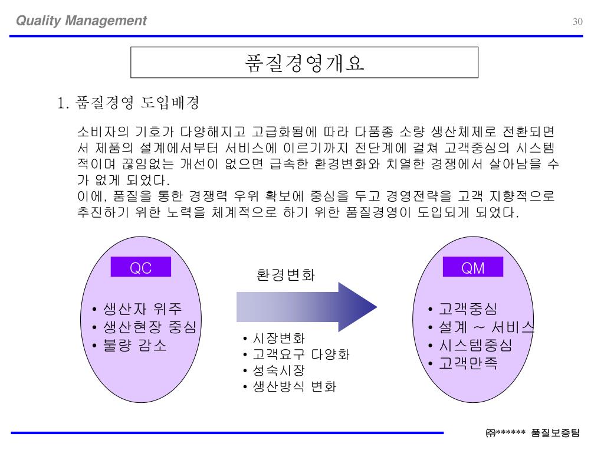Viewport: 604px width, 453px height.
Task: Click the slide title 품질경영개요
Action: click(x=304, y=63)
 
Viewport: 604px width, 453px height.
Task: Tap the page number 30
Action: click(x=577, y=22)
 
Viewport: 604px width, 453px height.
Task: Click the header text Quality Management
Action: click(x=81, y=21)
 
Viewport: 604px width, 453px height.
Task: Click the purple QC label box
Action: click(x=141, y=268)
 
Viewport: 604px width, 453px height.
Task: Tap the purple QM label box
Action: click(x=473, y=268)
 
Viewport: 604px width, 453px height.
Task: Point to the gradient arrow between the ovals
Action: click(x=307, y=306)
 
